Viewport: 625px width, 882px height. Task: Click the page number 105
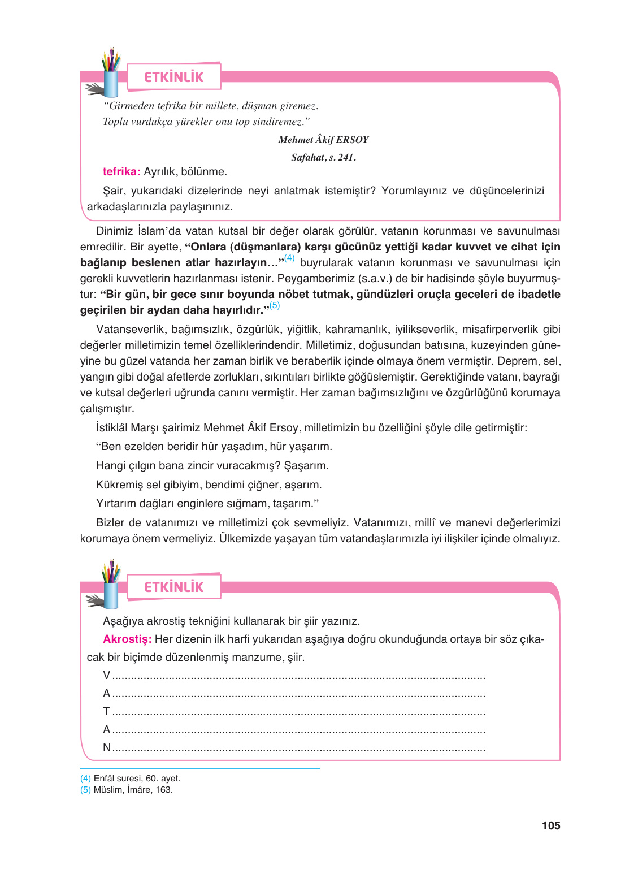550,825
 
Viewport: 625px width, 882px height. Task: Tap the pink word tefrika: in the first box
121,171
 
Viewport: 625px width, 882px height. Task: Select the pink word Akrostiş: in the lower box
127,639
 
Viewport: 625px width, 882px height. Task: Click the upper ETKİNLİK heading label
173,77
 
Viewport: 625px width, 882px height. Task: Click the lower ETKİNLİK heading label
173,587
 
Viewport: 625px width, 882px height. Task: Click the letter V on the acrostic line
107,675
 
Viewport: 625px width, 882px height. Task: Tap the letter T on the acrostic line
106,711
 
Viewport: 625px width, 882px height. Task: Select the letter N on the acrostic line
107,747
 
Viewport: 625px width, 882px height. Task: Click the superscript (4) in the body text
289,258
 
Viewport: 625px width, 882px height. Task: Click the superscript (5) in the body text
275,305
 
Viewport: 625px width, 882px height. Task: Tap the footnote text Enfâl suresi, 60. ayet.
137,779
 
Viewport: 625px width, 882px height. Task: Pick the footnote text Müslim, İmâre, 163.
133,790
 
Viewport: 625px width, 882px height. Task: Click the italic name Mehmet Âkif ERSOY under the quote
323,140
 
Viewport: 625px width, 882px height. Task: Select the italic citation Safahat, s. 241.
323,157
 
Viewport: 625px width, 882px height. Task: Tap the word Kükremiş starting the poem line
119,485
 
